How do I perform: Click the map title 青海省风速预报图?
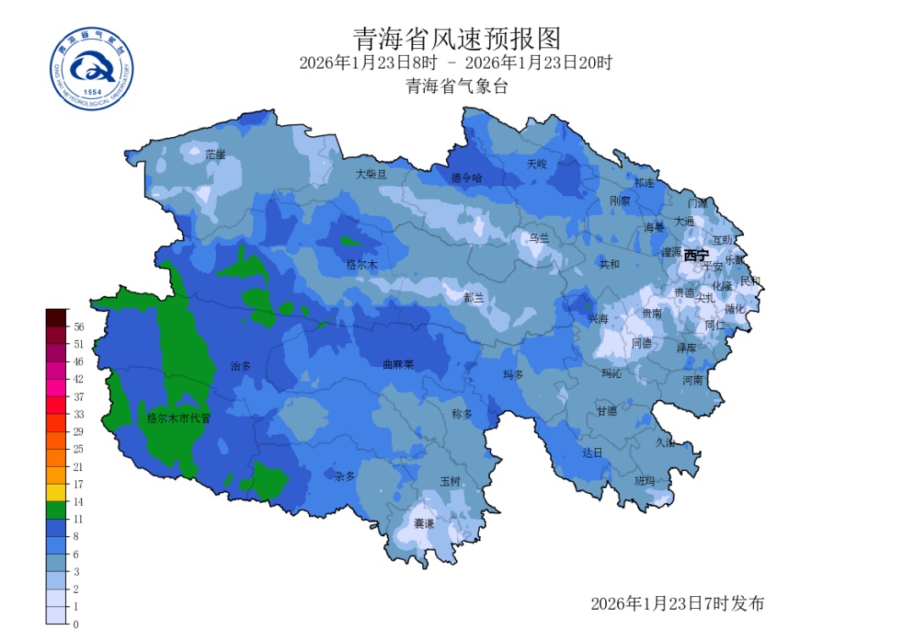click(456, 38)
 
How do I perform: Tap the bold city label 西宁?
click(697, 255)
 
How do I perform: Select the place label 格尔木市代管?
click(178, 418)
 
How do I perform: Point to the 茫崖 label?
click(216, 155)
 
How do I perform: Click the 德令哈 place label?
click(466, 178)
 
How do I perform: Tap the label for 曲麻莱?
click(398, 365)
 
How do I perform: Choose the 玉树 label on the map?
click(449, 481)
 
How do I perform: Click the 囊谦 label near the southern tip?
click(423, 523)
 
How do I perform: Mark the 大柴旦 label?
click(371, 173)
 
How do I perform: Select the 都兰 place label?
click(474, 298)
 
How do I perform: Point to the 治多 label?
click(241, 366)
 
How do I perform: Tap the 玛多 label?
click(514, 374)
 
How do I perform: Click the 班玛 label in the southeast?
click(645, 480)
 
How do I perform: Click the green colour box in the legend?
click(56, 510)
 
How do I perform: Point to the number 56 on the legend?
click(79, 326)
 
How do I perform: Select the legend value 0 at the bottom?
click(76, 624)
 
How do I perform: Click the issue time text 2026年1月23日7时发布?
click(677, 604)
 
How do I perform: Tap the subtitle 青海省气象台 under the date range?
click(456, 86)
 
